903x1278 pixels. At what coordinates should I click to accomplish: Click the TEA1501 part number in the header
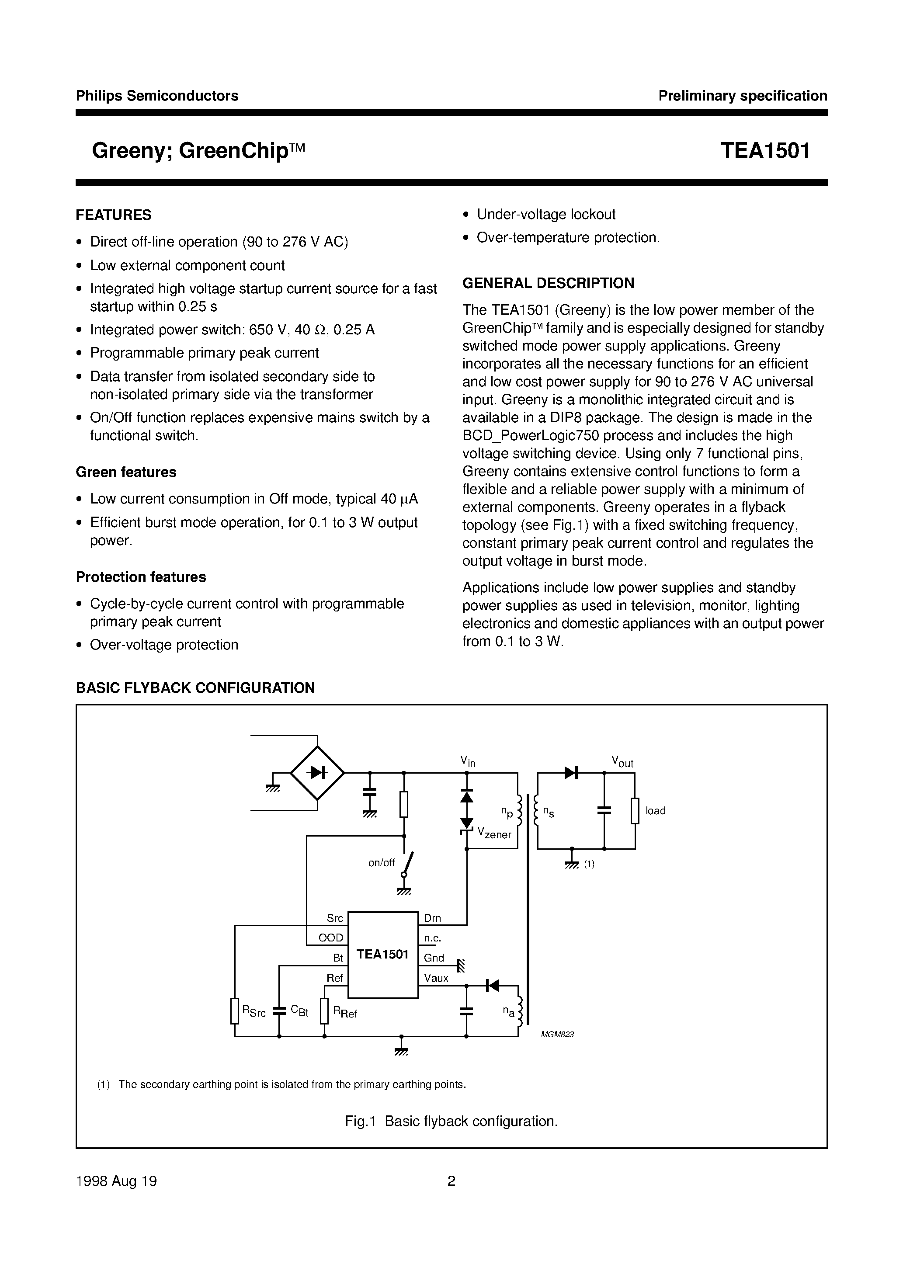[765, 151]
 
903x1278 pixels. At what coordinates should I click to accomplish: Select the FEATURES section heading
[114, 215]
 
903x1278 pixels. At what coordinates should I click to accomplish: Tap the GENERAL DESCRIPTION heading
[549, 283]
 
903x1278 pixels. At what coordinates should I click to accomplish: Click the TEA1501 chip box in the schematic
[383, 955]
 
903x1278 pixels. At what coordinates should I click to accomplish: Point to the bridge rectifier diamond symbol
[317, 773]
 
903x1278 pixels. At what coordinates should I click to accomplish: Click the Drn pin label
[433, 918]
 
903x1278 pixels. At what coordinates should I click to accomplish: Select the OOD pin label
[331, 938]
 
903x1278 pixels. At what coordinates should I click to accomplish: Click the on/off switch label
[382, 863]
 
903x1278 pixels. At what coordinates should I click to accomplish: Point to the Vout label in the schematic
[622, 761]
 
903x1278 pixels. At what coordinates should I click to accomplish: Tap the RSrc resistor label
[254, 1012]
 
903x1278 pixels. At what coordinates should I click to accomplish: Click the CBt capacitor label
[299, 1011]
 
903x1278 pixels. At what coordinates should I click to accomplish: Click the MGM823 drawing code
[557, 1034]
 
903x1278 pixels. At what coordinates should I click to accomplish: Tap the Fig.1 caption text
[451, 1121]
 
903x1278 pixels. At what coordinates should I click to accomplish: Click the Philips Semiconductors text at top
[157, 96]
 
